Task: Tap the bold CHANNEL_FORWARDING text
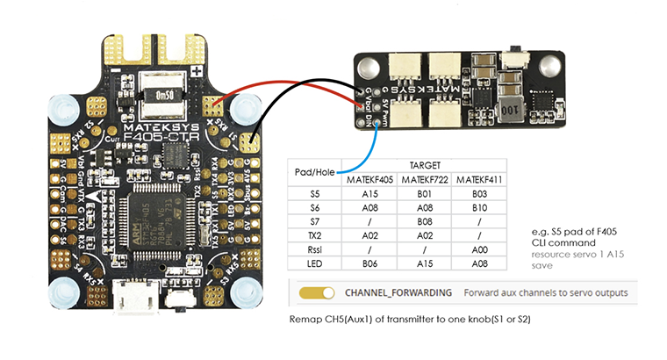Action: (x=398, y=292)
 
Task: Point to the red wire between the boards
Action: (x=290, y=86)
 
